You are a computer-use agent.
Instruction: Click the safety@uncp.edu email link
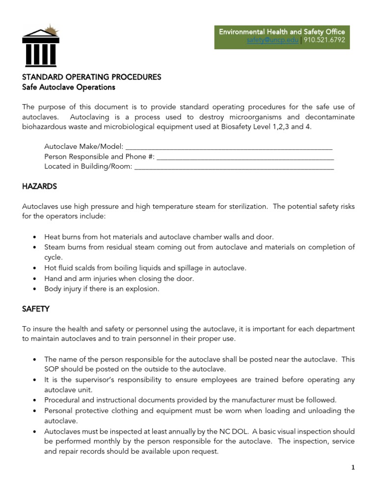click(272, 41)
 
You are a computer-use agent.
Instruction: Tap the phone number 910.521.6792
click(324, 41)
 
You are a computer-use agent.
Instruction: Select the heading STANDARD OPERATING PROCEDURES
click(92, 77)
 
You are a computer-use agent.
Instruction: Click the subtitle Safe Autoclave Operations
click(69, 87)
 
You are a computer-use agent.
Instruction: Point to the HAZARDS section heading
click(40, 187)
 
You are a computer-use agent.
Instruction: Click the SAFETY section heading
click(36, 309)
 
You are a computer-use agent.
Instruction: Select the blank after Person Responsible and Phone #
click(245, 156)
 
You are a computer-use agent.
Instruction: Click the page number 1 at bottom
click(352, 468)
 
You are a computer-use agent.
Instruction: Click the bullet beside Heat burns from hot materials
click(34, 237)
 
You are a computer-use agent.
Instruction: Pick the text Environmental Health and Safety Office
click(282, 31)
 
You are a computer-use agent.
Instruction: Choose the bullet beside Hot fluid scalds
click(34, 268)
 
